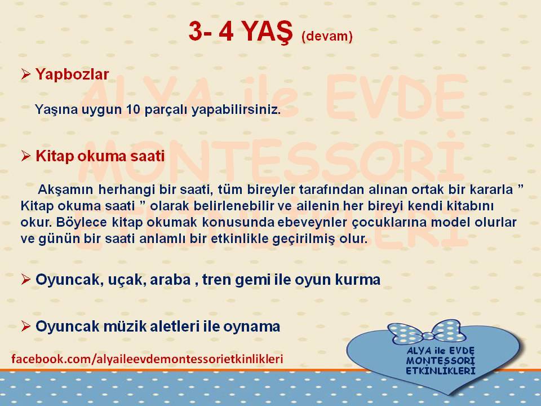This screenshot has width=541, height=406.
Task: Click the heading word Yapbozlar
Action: pyautogui.click(x=72, y=74)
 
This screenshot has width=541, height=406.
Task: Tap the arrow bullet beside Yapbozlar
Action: pyautogui.click(x=25, y=74)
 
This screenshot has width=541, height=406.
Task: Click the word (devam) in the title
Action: pyautogui.click(x=327, y=36)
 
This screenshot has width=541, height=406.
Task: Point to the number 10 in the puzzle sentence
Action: pyautogui.click(x=133, y=109)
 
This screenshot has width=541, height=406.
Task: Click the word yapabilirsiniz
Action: pyautogui.click(x=236, y=110)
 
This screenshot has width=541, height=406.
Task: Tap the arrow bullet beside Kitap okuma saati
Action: pyautogui.click(x=25, y=156)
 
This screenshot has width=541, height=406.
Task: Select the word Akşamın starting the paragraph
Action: pyautogui.click(x=65, y=189)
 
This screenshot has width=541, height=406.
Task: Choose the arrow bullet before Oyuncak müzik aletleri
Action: pyautogui.click(x=25, y=326)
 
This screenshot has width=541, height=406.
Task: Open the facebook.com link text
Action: pyautogui.click(x=147, y=359)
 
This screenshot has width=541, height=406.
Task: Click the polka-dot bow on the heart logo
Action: pyautogui.click(x=424, y=332)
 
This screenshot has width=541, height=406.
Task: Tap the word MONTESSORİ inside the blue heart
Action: pyautogui.click(x=441, y=361)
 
